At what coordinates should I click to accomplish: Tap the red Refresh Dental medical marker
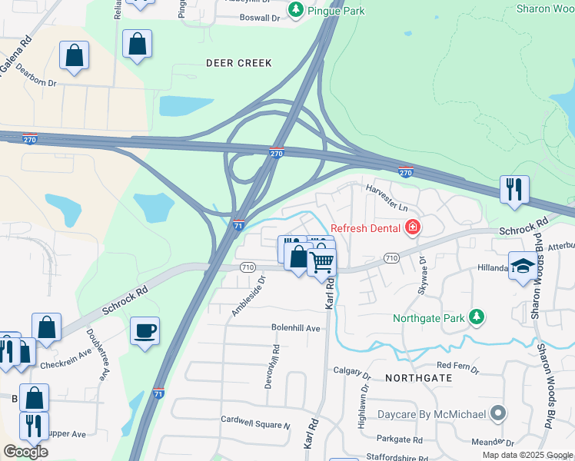[413, 227]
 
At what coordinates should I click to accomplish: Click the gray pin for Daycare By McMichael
[498, 414]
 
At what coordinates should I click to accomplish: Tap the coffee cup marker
[145, 331]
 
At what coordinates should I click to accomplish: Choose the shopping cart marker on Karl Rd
[322, 263]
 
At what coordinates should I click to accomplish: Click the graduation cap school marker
[523, 266]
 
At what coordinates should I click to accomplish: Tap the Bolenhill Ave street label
[295, 327]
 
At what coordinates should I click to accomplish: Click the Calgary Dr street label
[352, 371]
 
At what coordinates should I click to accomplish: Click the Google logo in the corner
[25, 452]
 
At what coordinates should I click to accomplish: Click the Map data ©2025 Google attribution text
[527, 455]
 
